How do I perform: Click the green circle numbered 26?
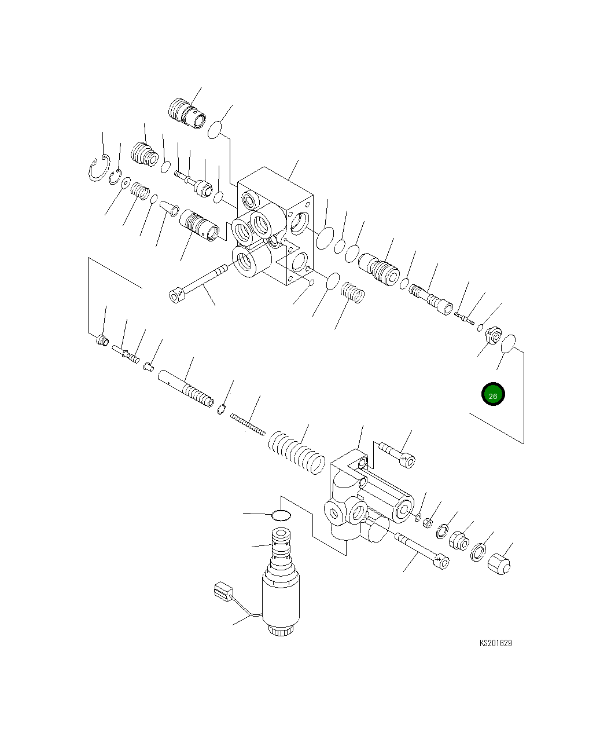(493, 395)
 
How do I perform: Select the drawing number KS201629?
(495, 643)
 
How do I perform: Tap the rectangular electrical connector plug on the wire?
(223, 592)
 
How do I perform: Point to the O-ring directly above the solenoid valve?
(281, 514)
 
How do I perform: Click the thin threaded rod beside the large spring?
(248, 424)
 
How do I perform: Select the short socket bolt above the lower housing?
(398, 454)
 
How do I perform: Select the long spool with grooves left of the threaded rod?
(186, 389)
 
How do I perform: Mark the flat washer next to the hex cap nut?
(479, 552)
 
